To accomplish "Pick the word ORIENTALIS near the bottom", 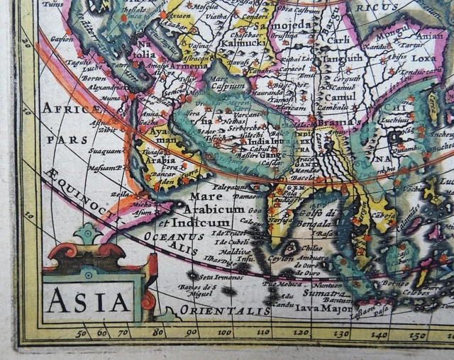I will pyautogui.click(x=224, y=310).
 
